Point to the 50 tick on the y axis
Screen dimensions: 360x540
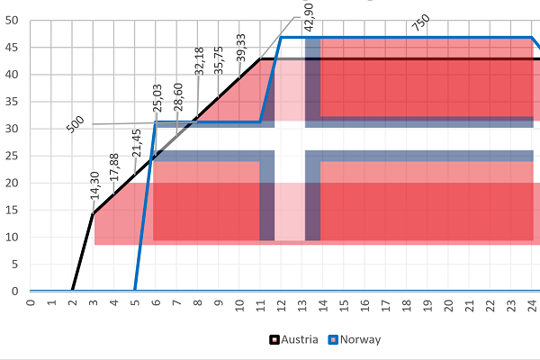[x=12, y=21]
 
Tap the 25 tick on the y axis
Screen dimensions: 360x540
[x=12, y=156]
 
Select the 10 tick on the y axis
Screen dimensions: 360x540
[x=12, y=237]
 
